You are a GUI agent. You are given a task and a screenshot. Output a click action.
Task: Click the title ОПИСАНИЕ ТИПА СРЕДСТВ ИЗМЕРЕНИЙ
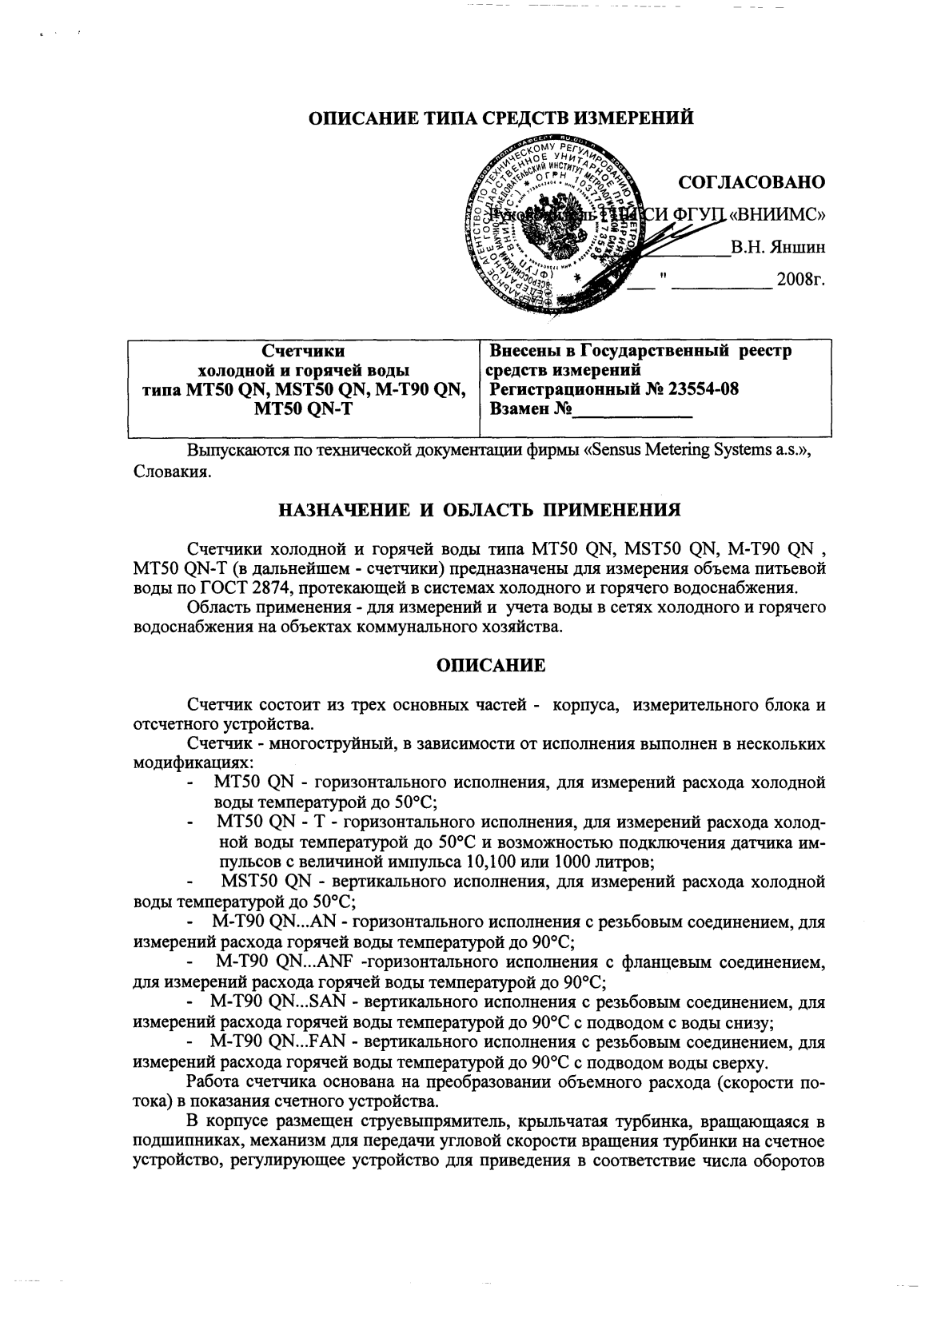[x=500, y=118]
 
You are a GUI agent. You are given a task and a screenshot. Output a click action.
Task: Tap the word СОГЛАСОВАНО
[x=751, y=182]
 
